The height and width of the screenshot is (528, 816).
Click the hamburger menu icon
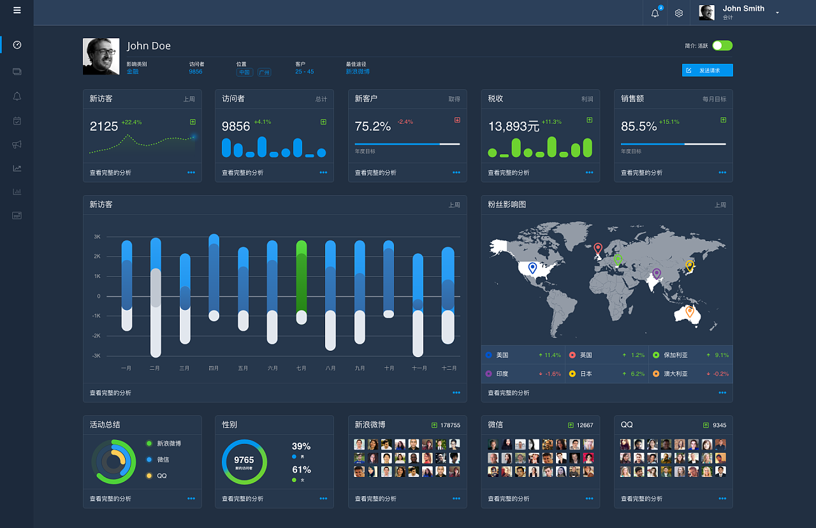17,10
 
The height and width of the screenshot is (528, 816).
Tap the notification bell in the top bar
655,13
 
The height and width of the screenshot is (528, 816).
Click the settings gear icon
679,13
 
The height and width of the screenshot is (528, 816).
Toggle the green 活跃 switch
722,45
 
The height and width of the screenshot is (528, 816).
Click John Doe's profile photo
101,56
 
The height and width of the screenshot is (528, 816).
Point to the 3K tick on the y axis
97,237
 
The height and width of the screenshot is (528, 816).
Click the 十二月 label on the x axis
449,368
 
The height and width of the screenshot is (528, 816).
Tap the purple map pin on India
657,274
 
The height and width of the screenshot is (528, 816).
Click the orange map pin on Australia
689,311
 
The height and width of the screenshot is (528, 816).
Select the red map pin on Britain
597,248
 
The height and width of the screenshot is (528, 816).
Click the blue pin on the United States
532,268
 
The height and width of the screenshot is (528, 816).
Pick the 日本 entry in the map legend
586,374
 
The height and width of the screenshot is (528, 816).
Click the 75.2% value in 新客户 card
373,126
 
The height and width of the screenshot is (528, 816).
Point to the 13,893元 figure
513,126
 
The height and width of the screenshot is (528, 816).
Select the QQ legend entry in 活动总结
161,476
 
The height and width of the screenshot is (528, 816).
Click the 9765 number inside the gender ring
244,460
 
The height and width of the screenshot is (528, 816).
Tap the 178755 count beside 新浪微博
450,425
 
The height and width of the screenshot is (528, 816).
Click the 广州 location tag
264,73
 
